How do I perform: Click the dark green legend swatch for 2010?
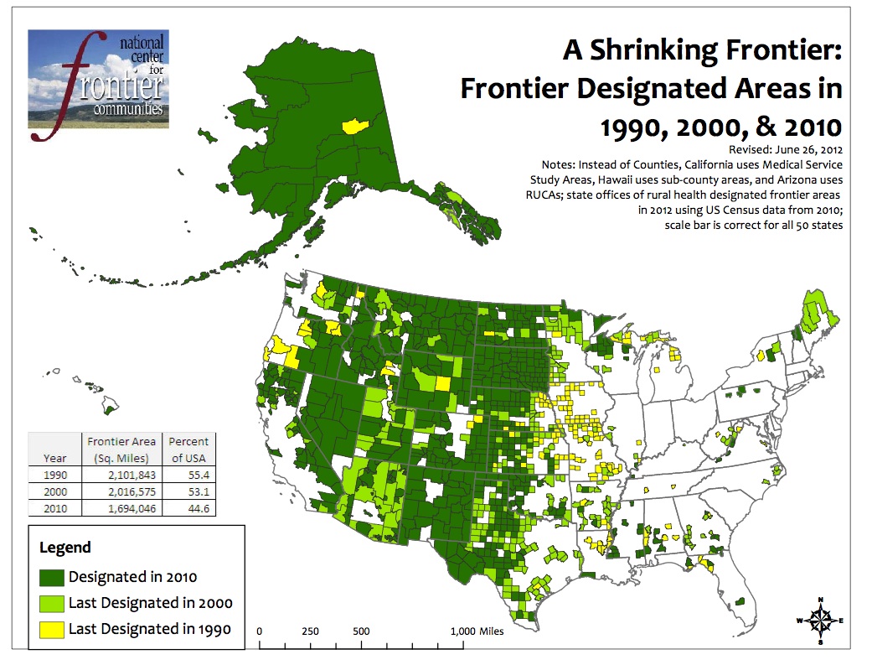[52, 576]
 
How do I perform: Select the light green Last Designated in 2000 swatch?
[52, 602]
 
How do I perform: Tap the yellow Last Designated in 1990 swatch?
[52, 628]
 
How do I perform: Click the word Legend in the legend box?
[65, 548]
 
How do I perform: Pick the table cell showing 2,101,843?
[121, 475]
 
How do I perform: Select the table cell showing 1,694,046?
[121, 508]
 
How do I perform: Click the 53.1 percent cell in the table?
[188, 491]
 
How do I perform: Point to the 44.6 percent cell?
[188, 508]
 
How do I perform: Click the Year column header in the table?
[54, 458]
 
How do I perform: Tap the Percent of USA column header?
[188, 449]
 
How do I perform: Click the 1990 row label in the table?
[54, 475]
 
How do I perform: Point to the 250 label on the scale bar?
[310, 631]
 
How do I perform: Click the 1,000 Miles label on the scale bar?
[477, 631]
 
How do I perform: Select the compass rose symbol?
[820, 621]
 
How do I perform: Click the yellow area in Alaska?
[355, 126]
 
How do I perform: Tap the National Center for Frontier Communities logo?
[98, 78]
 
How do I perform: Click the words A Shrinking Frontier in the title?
[702, 51]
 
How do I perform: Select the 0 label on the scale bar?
[260, 631]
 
